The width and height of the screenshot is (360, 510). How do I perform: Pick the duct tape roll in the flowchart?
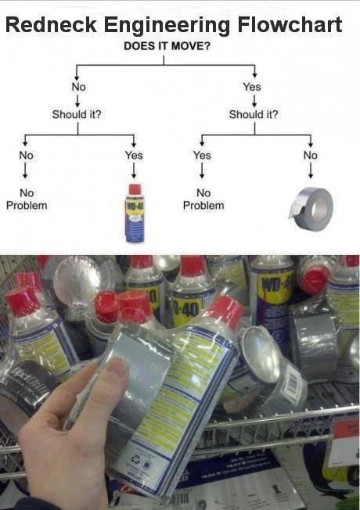click(x=313, y=208)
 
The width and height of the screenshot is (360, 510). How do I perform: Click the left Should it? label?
click(x=77, y=115)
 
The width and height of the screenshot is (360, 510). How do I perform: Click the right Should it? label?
click(x=254, y=115)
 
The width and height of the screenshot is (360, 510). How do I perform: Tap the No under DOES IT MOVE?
click(x=78, y=87)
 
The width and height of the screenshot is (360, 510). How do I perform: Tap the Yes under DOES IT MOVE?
click(x=252, y=87)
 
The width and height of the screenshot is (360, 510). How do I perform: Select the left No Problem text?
click(x=27, y=199)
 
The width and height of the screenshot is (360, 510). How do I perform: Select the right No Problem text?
click(x=203, y=199)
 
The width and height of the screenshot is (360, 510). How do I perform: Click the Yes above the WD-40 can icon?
click(x=134, y=155)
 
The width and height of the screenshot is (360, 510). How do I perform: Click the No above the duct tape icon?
click(x=311, y=155)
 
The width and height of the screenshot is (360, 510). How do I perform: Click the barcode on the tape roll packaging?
click(x=290, y=383)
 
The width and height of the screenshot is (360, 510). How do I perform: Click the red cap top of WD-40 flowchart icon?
click(x=135, y=189)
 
